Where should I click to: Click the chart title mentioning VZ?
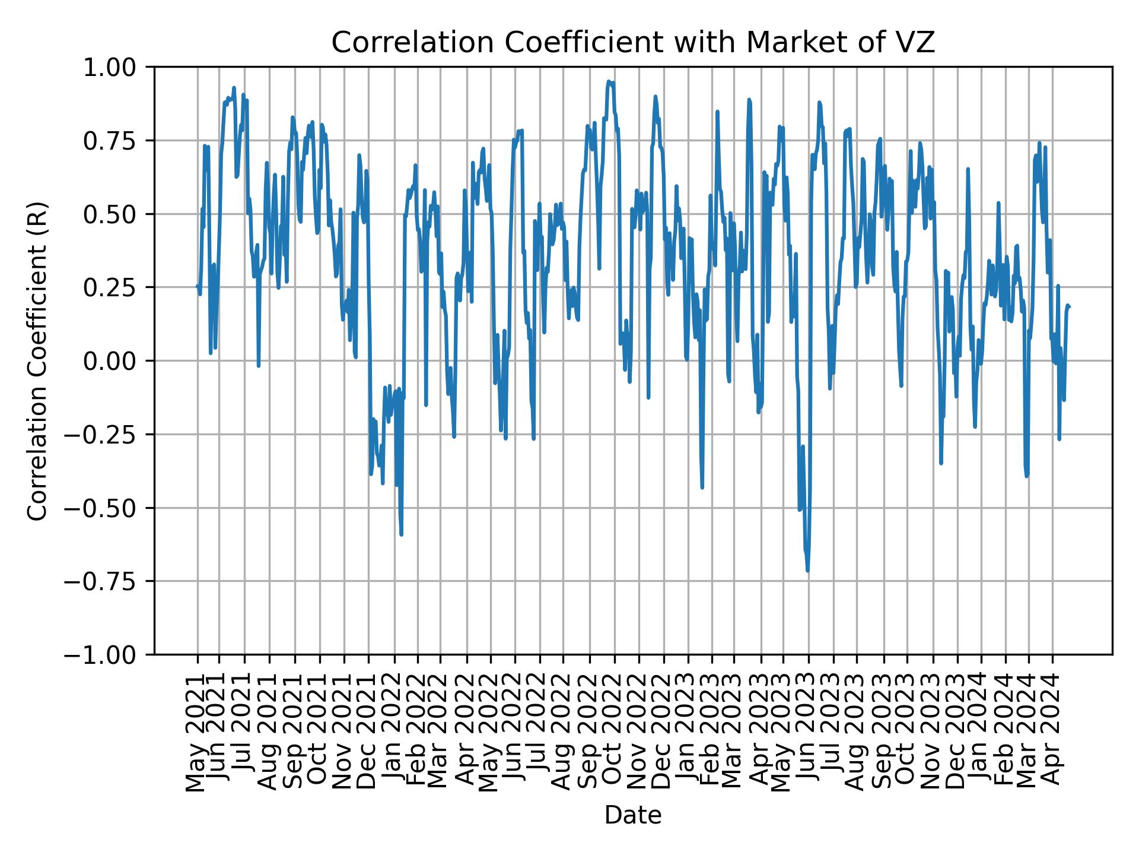pos(632,43)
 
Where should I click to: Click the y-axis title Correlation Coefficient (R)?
pos(37,360)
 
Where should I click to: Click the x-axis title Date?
pos(632,816)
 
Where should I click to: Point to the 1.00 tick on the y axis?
pos(117,67)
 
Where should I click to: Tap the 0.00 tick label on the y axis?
pos(117,361)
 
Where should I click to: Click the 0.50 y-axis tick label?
pos(117,214)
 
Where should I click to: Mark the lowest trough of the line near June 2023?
pos(807,571)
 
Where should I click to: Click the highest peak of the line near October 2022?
pos(609,81)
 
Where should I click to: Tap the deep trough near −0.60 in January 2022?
pos(402,534)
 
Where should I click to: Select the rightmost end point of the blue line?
pos(1069,307)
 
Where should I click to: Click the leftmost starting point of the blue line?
pos(198,286)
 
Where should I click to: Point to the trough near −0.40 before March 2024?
pos(1026,476)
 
